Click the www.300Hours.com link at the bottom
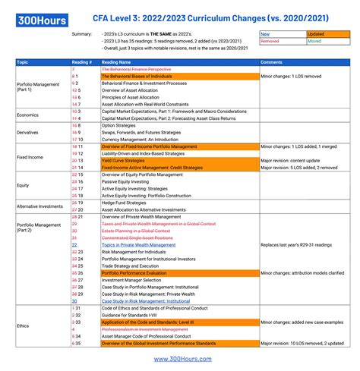(x=179, y=359)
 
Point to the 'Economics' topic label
(x=28, y=115)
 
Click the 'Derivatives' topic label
(x=29, y=132)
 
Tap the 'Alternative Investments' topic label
(x=39, y=206)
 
